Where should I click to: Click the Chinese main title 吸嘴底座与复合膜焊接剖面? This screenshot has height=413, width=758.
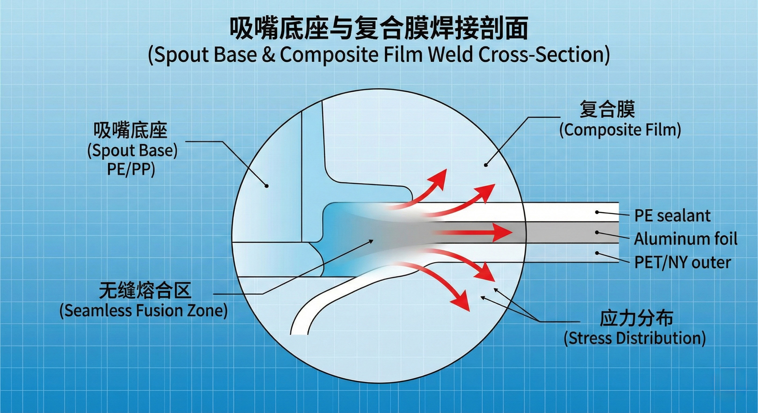pos(378,29)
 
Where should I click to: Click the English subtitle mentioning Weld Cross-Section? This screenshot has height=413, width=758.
pos(378,55)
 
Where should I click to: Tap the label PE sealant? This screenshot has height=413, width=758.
pos(672,216)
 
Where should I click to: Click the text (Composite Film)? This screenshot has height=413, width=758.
pos(620,130)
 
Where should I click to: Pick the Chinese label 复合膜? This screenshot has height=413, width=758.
pos(607,110)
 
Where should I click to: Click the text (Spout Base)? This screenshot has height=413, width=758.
pos(132,151)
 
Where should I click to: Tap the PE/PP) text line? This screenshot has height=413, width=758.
pos(131,170)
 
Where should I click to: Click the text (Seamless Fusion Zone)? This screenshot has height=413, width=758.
pos(143,311)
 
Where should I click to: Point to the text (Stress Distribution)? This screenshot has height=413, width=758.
pos(634,338)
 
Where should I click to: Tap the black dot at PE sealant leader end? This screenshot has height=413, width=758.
pos(597,212)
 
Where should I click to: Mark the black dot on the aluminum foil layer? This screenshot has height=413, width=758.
pos(597,233)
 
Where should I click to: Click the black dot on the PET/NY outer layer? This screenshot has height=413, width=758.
pos(597,253)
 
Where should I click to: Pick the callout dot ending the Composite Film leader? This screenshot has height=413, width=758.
pos(486,165)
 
